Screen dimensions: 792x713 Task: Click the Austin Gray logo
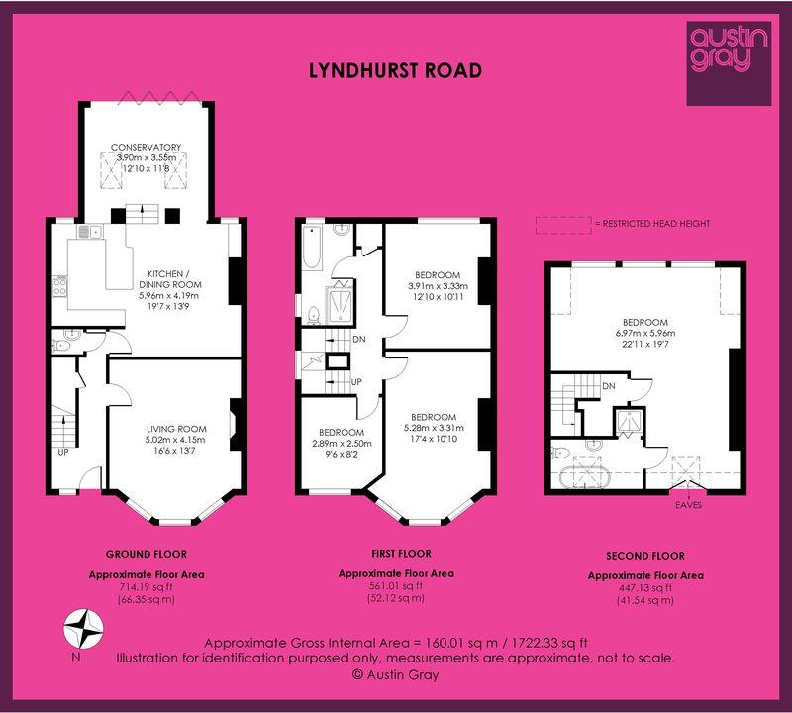[729, 63]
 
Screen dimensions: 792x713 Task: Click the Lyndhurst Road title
[395, 70]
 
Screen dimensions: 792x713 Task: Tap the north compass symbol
[83, 629]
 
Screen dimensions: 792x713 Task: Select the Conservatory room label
[146, 147]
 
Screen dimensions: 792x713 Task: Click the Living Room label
[176, 429]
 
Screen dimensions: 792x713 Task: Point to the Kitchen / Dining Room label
[170, 279]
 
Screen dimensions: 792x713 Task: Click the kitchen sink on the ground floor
[89, 232]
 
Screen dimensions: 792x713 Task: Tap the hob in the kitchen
[59, 286]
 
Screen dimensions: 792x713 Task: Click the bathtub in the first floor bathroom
[311, 249]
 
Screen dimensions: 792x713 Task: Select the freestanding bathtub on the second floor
[585, 477]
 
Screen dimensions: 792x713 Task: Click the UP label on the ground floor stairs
[63, 453]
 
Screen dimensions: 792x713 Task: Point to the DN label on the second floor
[609, 386]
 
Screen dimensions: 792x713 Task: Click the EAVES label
[688, 505]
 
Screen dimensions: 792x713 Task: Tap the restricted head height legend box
[563, 226]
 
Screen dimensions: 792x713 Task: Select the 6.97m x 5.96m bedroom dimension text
[645, 334]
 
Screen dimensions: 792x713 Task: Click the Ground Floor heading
[147, 555]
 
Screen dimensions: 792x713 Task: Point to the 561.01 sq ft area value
[396, 586]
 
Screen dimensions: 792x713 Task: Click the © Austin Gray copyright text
[395, 675]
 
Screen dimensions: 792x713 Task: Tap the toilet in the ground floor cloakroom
[60, 346]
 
